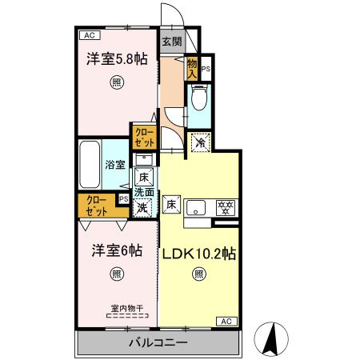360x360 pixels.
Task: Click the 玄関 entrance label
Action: (170, 42)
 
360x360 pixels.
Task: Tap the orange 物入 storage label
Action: (193, 67)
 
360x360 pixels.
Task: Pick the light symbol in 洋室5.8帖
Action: (117, 82)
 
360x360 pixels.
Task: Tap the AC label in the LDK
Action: (225, 321)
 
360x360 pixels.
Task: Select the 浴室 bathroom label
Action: (114, 165)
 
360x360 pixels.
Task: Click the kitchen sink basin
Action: (198, 209)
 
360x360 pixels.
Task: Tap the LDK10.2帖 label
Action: (198, 254)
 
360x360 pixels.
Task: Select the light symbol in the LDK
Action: (198, 274)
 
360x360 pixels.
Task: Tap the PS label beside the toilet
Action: (206, 69)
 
